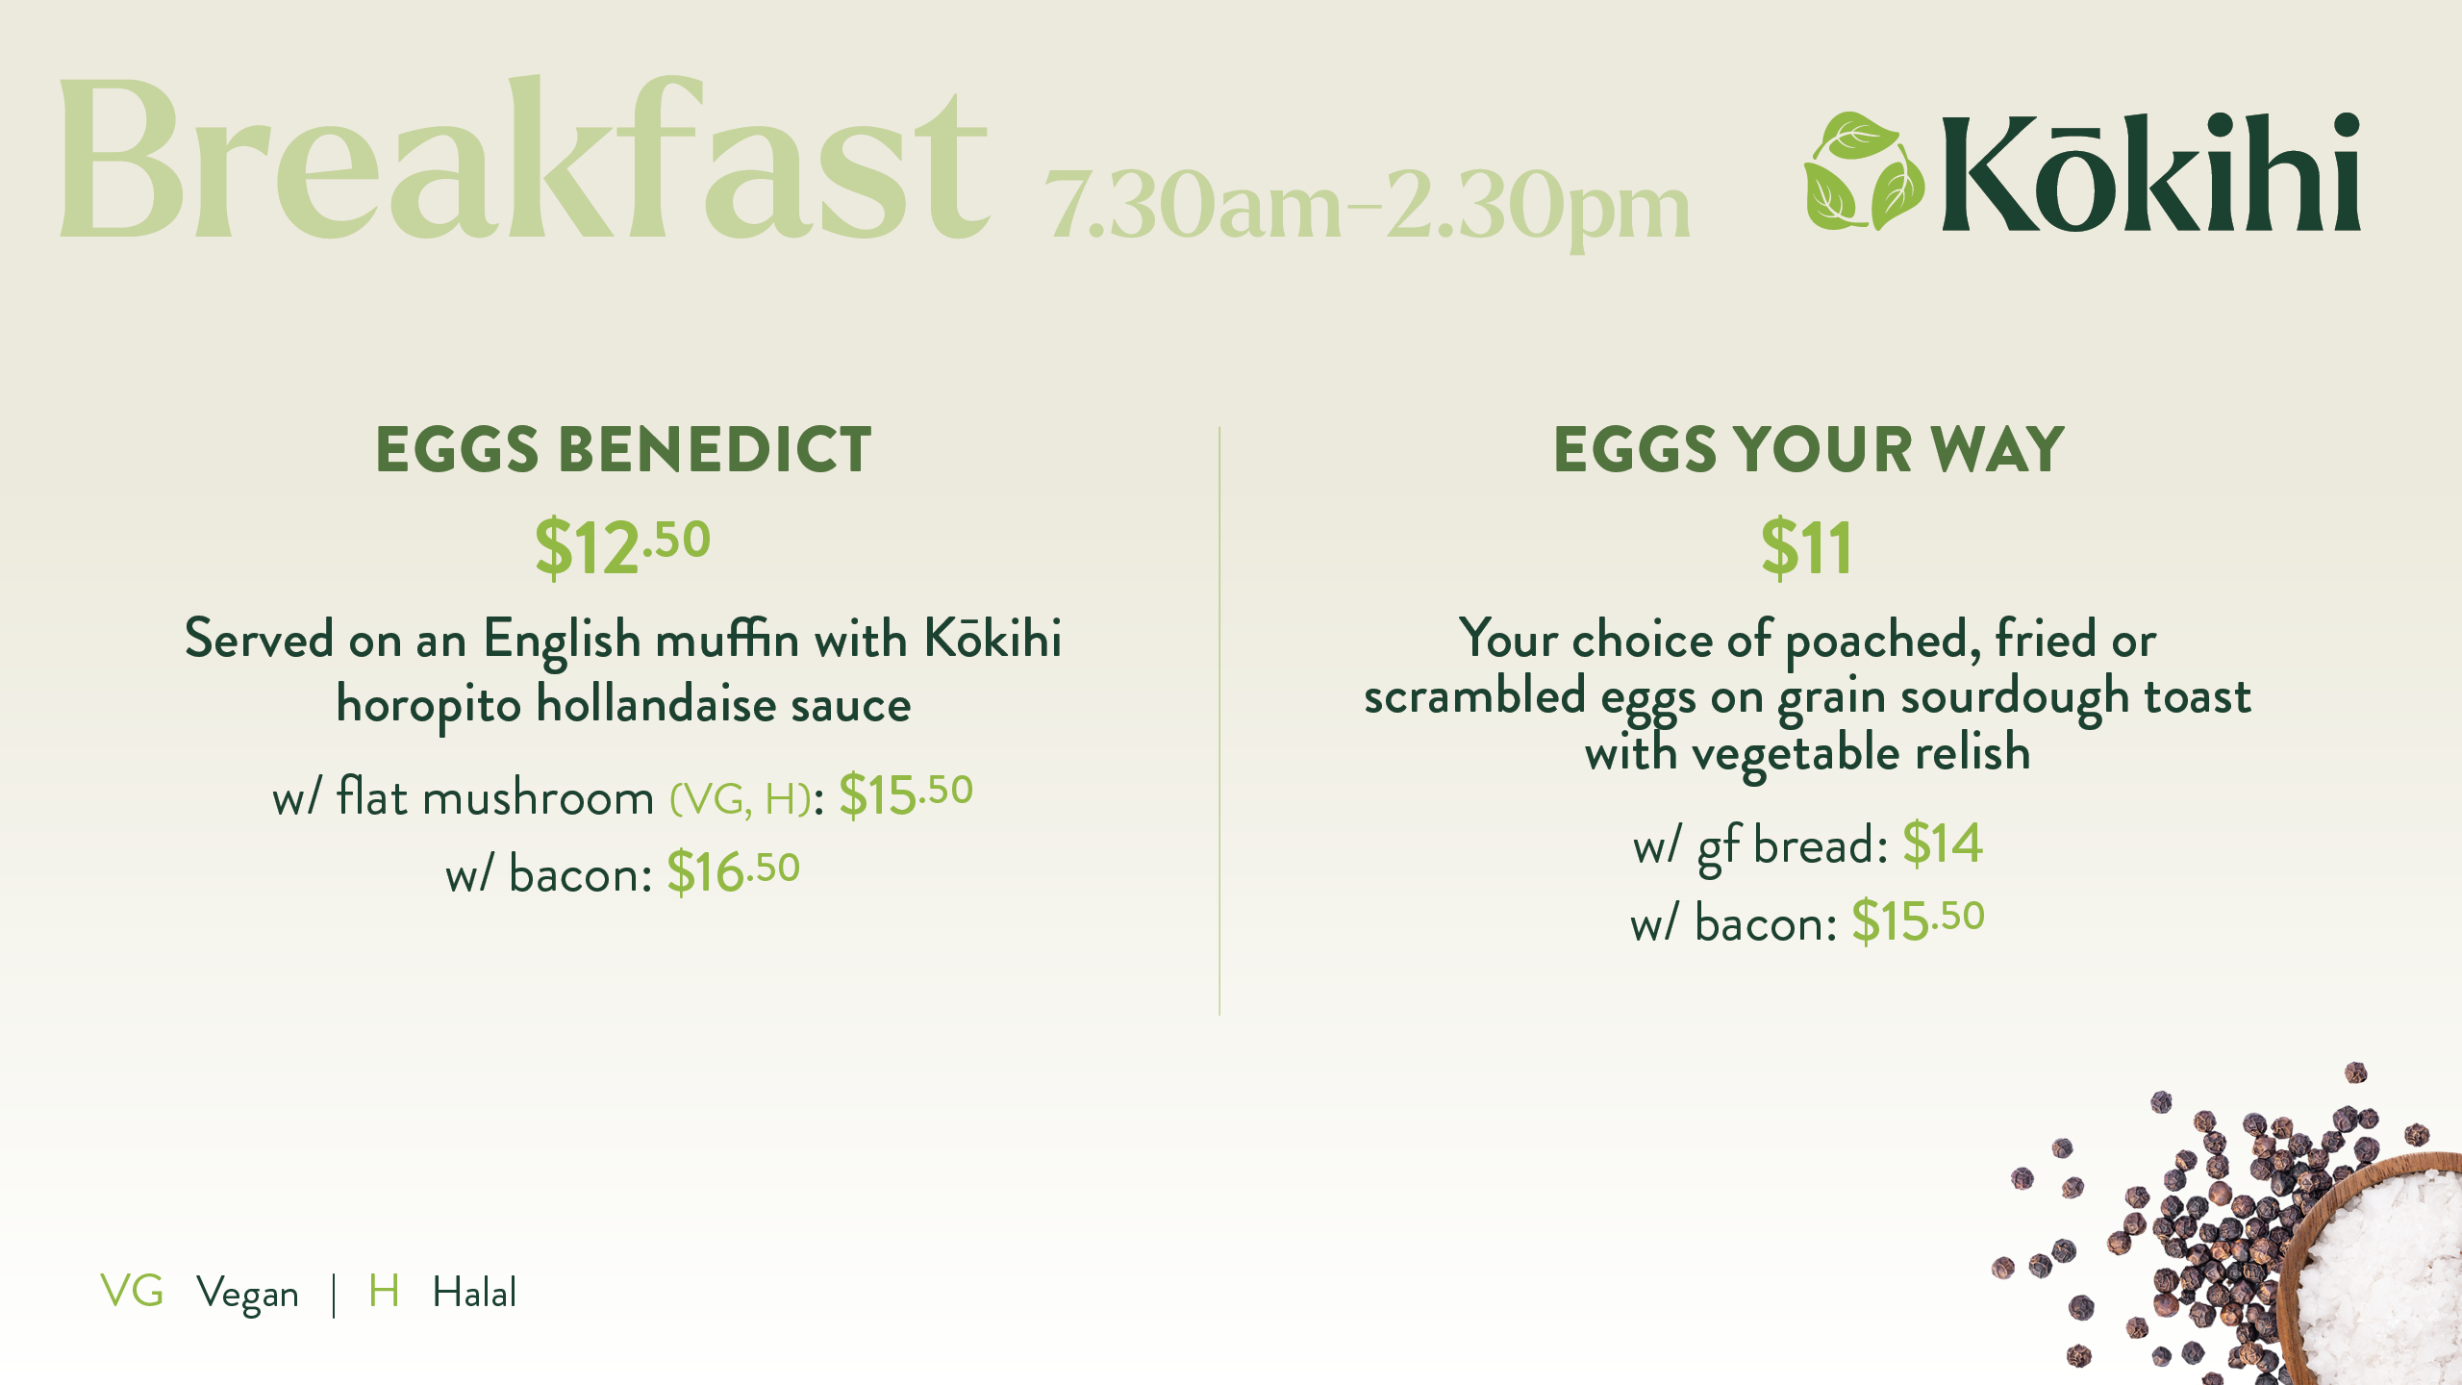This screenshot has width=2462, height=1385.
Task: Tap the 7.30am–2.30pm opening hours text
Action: [x=1368, y=206]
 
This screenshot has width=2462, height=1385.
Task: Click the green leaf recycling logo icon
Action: [x=1864, y=171]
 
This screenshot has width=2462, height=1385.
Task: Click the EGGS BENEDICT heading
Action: [x=623, y=449]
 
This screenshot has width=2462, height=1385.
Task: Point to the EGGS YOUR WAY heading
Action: [x=1809, y=449]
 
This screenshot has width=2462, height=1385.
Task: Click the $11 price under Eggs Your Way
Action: [x=1806, y=548]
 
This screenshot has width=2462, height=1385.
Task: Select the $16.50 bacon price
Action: [x=734, y=872]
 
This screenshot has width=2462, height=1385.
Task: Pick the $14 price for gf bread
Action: [x=1943, y=844]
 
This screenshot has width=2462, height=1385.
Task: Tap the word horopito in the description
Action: [x=429, y=706]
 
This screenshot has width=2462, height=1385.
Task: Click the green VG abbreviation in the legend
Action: [x=132, y=1291]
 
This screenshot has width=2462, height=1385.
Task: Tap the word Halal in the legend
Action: [x=474, y=1292]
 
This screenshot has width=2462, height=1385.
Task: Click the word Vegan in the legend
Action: [x=247, y=1295]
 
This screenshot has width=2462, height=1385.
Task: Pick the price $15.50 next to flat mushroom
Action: [x=906, y=795]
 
